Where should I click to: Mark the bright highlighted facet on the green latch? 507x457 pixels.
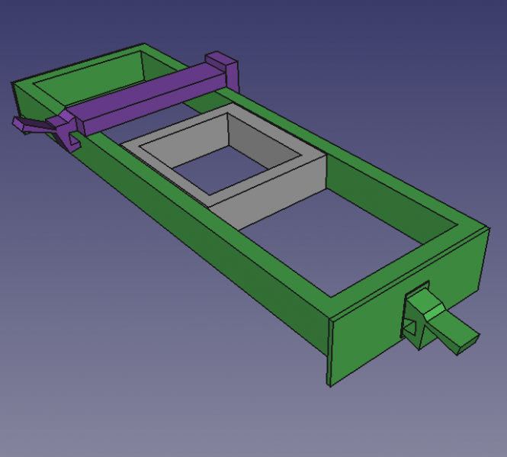coord(431,309)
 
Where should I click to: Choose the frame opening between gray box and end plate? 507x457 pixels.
coord(335,237)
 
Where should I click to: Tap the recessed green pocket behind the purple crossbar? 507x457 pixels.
coord(91,76)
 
